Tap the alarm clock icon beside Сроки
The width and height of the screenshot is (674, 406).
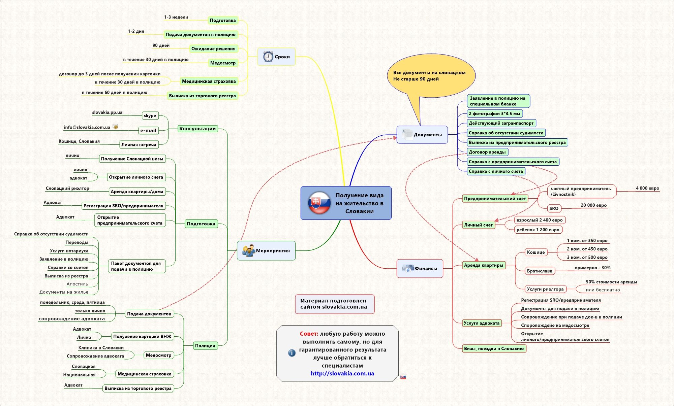[x=268, y=57]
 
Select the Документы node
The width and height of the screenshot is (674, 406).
[x=422, y=135]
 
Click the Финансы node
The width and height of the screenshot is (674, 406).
[x=420, y=268]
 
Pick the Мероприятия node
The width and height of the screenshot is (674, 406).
[x=266, y=250]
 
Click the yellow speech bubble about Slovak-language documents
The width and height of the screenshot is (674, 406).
[x=431, y=76]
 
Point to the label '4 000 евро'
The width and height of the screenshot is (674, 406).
[x=647, y=188]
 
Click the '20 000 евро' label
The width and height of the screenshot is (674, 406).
[x=593, y=205]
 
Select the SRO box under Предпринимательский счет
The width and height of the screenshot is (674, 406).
[x=554, y=208]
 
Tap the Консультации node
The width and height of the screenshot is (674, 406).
[x=197, y=129]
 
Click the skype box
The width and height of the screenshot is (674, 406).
[x=150, y=115]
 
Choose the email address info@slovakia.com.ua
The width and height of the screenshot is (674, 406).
[x=87, y=127]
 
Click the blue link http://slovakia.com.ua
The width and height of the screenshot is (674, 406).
[x=342, y=373]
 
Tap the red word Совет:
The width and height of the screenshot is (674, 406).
[x=309, y=334]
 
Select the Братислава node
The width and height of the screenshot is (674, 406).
[x=540, y=271]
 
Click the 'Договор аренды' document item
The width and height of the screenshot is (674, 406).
[x=487, y=152]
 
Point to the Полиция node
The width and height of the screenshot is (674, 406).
[x=205, y=345]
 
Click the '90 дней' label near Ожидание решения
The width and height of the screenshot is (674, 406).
[x=161, y=45]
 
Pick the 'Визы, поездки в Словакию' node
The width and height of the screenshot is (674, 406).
[x=494, y=348]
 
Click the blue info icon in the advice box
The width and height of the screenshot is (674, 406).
[x=292, y=353]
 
